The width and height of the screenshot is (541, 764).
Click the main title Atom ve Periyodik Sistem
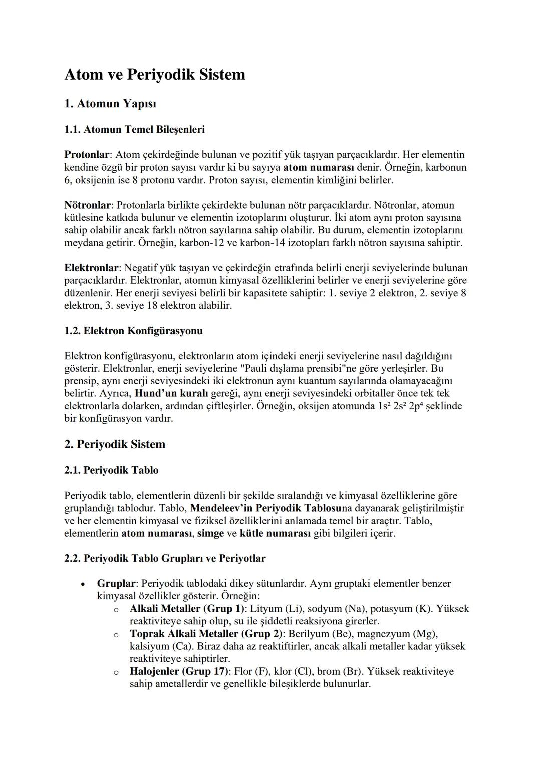(x=155, y=75)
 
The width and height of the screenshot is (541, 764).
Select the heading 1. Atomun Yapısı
(x=110, y=104)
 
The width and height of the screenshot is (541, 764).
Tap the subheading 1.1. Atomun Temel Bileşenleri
(x=134, y=130)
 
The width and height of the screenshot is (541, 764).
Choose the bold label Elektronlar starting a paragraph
(x=92, y=268)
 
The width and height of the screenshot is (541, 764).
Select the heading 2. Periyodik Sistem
(x=115, y=445)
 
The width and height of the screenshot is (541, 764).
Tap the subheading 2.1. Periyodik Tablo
(x=111, y=470)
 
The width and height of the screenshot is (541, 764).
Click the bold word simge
(x=210, y=533)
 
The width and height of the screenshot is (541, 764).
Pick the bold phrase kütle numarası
(x=275, y=533)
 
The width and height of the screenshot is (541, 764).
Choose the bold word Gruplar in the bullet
(x=116, y=584)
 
